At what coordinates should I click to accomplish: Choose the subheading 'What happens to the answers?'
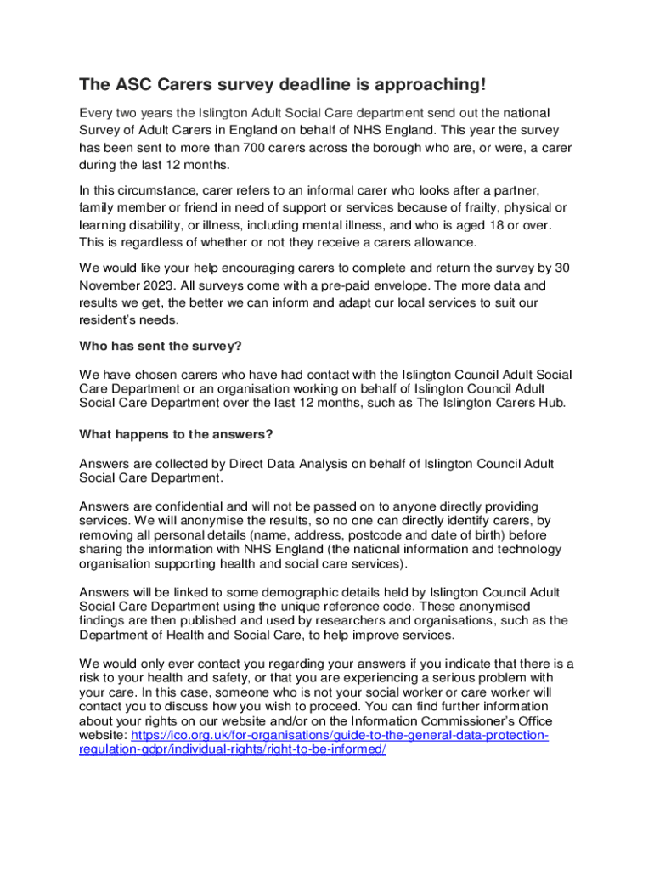coord(176,434)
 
